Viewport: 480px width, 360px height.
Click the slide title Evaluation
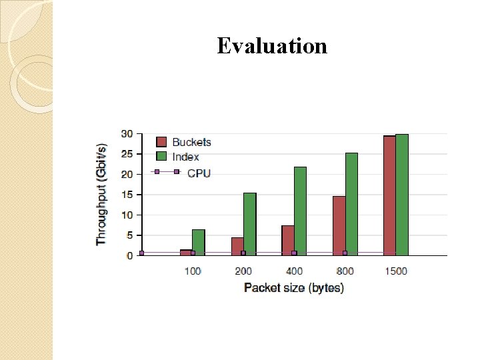pyautogui.click(x=272, y=46)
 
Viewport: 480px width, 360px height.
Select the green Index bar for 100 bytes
pyautogui.click(x=199, y=242)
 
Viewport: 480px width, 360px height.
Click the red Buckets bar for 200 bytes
pyautogui.click(x=237, y=246)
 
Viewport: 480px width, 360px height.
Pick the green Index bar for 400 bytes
pyautogui.click(x=300, y=211)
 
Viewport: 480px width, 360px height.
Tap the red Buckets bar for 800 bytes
pyautogui.click(x=339, y=225)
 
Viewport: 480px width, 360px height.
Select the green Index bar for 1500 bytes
pyautogui.click(x=402, y=194)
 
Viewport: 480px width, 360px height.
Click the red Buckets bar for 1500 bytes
pyautogui.click(x=389, y=195)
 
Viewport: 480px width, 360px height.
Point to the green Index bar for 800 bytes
pyautogui.click(x=351, y=203)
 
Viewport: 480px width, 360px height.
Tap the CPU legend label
pyautogui.click(x=199, y=173)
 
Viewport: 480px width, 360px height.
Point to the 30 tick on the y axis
pyautogui.click(x=126, y=134)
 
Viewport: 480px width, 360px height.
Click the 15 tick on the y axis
pyautogui.click(x=126, y=195)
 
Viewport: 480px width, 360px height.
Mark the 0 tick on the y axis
pyautogui.click(x=129, y=255)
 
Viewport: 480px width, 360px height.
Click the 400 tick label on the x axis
pyautogui.click(x=294, y=271)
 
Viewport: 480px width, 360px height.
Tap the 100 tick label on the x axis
pyautogui.click(x=192, y=271)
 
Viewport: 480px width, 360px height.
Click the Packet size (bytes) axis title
pyautogui.click(x=294, y=288)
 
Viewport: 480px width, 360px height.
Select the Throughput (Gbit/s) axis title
pyautogui.click(x=102, y=194)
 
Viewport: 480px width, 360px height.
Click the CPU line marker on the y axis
pyautogui.click(x=141, y=253)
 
